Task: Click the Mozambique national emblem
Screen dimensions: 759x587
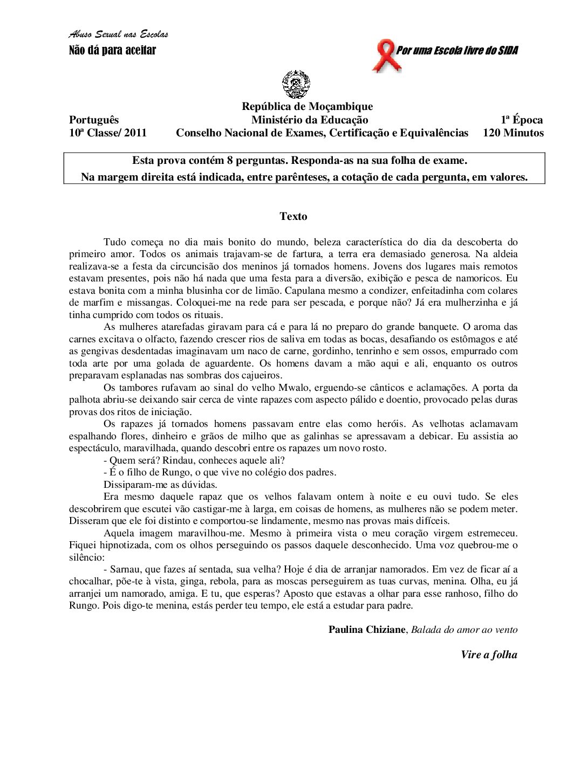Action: click(x=296, y=84)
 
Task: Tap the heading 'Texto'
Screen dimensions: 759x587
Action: click(x=293, y=217)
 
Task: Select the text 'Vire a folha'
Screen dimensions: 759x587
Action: click(x=489, y=655)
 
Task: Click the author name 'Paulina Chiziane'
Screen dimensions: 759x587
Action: click(x=367, y=630)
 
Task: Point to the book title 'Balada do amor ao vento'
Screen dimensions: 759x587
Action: click(x=464, y=630)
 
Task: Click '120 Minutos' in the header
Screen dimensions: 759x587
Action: click(x=513, y=133)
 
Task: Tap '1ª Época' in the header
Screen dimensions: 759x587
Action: click(x=521, y=120)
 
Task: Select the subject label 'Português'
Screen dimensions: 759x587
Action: click(x=94, y=120)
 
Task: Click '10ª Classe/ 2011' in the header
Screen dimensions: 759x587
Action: click(x=108, y=133)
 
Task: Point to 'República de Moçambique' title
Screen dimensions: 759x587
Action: click(x=307, y=107)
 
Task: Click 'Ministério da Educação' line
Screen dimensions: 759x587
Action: click(x=310, y=120)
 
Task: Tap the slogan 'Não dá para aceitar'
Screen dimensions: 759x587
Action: click(x=112, y=51)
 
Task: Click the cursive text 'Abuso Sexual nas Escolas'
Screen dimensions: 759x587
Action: click(x=118, y=34)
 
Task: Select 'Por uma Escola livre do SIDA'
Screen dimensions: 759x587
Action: click(x=457, y=51)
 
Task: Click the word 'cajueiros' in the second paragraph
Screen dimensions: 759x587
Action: click(x=261, y=375)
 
